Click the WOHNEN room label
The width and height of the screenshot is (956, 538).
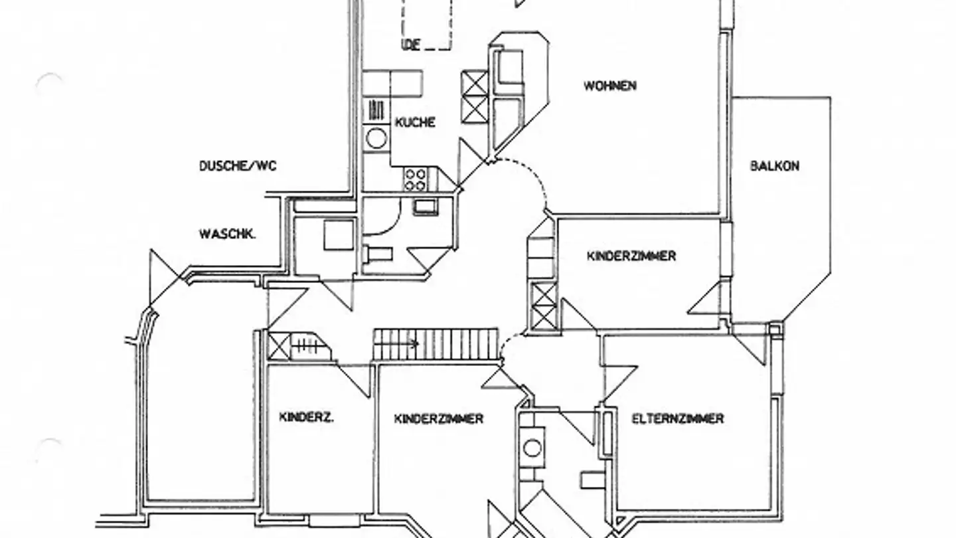(x=610, y=86)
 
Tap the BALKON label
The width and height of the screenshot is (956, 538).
(x=775, y=166)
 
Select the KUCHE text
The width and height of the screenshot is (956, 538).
(x=416, y=122)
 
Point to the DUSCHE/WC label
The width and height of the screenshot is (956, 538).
(x=238, y=166)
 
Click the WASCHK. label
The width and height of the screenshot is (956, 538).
(x=228, y=234)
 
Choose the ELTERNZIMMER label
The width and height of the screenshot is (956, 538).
(x=677, y=418)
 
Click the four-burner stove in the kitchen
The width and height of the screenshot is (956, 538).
(x=416, y=179)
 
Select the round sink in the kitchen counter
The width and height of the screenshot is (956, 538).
(x=376, y=139)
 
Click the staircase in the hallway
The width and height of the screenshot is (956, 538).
(x=436, y=344)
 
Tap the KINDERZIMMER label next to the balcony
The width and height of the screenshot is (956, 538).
(x=631, y=256)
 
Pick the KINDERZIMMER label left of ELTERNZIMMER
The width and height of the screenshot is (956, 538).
(x=438, y=418)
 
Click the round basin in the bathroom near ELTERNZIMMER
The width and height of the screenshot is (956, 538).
(x=532, y=448)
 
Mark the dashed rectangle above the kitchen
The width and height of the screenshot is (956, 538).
(x=427, y=24)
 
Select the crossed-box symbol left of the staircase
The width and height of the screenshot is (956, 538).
(x=278, y=346)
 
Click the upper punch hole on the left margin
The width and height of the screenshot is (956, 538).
(x=48, y=82)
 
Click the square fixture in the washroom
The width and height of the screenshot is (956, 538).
(x=339, y=234)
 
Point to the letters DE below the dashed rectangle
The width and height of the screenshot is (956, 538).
(x=412, y=45)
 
